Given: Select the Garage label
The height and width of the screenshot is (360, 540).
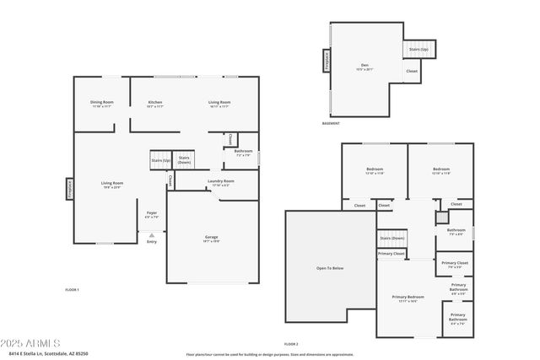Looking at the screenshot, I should pos(212,239).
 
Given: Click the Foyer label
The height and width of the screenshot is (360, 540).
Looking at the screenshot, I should pos(152,214).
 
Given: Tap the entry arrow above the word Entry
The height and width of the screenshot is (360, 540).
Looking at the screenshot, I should pos(152,234).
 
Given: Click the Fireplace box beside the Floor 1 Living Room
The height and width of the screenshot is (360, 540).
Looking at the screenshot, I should pos(69,188).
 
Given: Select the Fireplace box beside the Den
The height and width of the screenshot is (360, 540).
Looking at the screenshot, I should pos(325,61).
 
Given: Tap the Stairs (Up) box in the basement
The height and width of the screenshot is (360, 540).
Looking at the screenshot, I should pos(418,50).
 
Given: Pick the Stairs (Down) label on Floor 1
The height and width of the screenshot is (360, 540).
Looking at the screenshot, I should pos(184,159).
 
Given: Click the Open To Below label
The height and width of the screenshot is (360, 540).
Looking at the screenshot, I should pos(330,268).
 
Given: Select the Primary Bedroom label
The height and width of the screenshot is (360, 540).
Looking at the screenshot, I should pos(408,298).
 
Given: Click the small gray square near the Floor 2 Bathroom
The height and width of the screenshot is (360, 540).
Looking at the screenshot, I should pos(440,218).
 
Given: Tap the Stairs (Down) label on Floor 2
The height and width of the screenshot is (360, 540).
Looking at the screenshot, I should pos(391,238).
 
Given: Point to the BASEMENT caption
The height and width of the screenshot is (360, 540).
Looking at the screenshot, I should pos(331,124).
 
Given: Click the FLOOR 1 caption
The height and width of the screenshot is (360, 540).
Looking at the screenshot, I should pos(72,290).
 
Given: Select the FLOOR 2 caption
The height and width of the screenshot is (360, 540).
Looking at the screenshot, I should pos(291,344).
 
